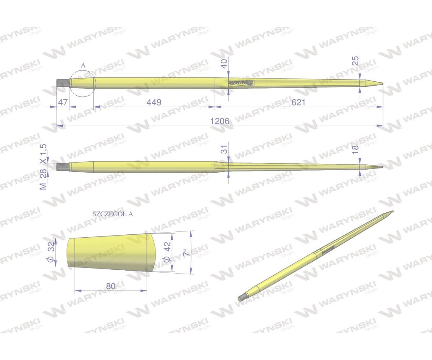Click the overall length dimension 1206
(x=220, y=121)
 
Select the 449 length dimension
(x=154, y=102)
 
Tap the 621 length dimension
(x=298, y=102)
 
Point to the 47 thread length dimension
(x=63, y=102)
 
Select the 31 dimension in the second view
(x=224, y=149)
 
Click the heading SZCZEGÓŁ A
(x=113, y=213)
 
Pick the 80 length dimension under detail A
(x=111, y=286)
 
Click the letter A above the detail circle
(x=83, y=65)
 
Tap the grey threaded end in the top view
(x=63, y=82)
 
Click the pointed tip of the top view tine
(x=382, y=84)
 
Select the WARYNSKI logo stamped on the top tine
(x=241, y=83)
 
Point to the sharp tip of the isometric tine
(x=392, y=211)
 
